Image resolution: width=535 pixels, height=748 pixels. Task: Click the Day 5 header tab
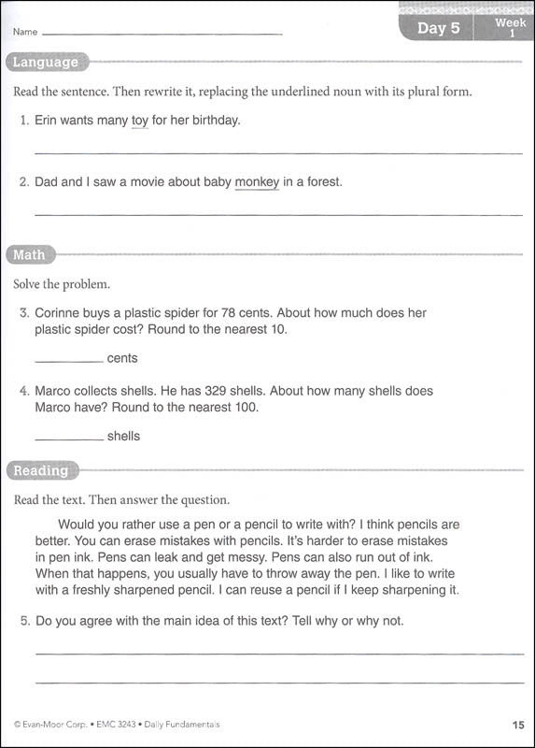[x=438, y=28]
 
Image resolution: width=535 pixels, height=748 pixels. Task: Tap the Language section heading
[x=45, y=63]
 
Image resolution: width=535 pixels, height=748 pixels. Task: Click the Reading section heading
[x=41, y=470]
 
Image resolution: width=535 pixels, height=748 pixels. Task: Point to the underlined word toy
[x=140, y=121]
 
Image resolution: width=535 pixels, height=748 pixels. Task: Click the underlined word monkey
[x=257, y=182]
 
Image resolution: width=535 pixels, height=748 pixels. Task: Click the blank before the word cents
[x=68, y=359]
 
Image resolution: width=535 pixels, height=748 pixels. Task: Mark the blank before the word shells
[x=68, y=437]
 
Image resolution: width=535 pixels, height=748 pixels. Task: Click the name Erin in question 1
[x=49, y=121]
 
